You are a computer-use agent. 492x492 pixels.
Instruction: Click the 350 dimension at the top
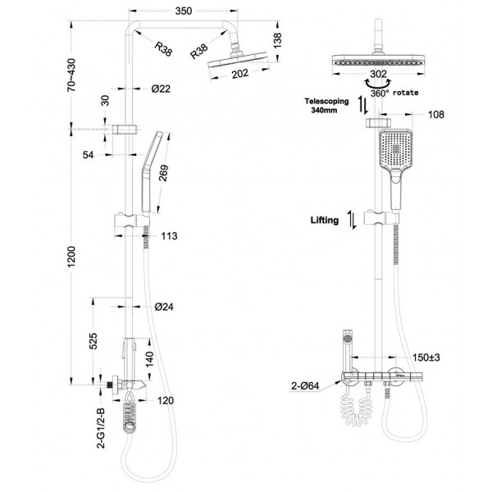pyautogui.click(x=184, y=11)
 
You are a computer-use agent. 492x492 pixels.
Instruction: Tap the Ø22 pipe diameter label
pyautogui.click(x=162, y=89)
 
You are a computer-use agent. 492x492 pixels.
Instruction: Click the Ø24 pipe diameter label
pyautogui.click(x=162, y=307)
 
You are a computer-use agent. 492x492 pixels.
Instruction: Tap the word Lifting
pyautogui.click(x=325, y=220)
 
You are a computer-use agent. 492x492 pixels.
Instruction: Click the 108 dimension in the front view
pyautogui.click(x=435, y=115)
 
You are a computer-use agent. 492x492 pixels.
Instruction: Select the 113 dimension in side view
pyautogui.click(x=169, y=236)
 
